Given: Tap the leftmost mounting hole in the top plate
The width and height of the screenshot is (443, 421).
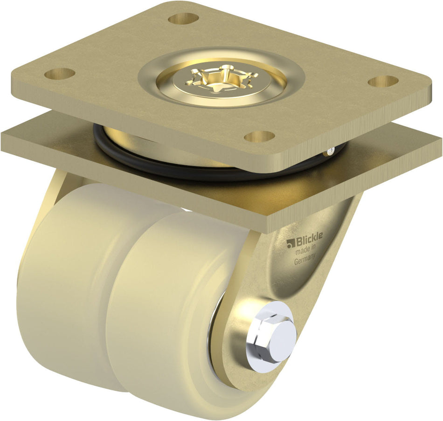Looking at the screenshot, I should (59, 73).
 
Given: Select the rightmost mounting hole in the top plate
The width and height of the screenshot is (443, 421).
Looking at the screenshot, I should (383, 81).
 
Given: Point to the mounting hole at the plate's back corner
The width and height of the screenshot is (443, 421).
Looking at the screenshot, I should (183, 19).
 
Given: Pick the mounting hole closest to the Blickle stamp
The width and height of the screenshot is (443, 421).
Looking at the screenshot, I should (259, 136).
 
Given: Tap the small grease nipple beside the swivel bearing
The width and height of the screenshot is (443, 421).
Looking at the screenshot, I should (330, 150).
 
